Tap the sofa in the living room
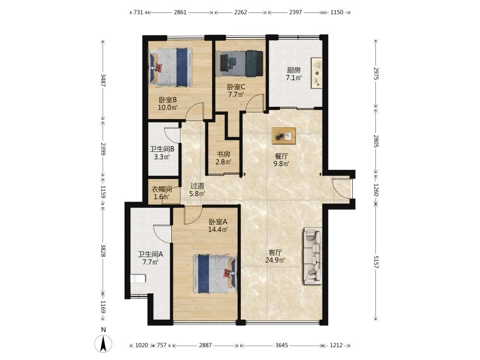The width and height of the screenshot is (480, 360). [x=312, y=256]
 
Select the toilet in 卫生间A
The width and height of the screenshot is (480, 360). [x=138, y=279]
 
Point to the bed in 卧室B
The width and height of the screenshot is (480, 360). [x=170, y=67]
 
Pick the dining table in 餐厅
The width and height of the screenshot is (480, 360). [x=284, y=135]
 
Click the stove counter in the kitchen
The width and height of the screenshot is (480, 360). [x=317, y=73]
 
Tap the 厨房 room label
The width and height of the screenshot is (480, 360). [x=294, y=70]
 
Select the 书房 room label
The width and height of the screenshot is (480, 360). [x=224, y=154]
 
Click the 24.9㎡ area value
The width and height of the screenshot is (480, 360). [x=276, y=260]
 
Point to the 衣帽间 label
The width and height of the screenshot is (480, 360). [x=162, y=189]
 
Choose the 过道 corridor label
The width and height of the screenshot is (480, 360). [x=197, y=186]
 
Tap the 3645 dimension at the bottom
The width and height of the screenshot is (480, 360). [x=282, y=345]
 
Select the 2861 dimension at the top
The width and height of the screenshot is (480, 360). [x=180, y=12]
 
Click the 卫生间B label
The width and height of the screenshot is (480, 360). [x=162, y=149]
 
